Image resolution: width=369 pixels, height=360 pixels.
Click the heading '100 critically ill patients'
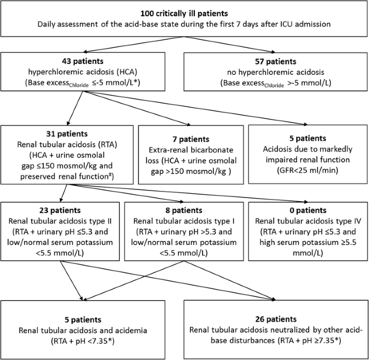pos(185,13)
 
